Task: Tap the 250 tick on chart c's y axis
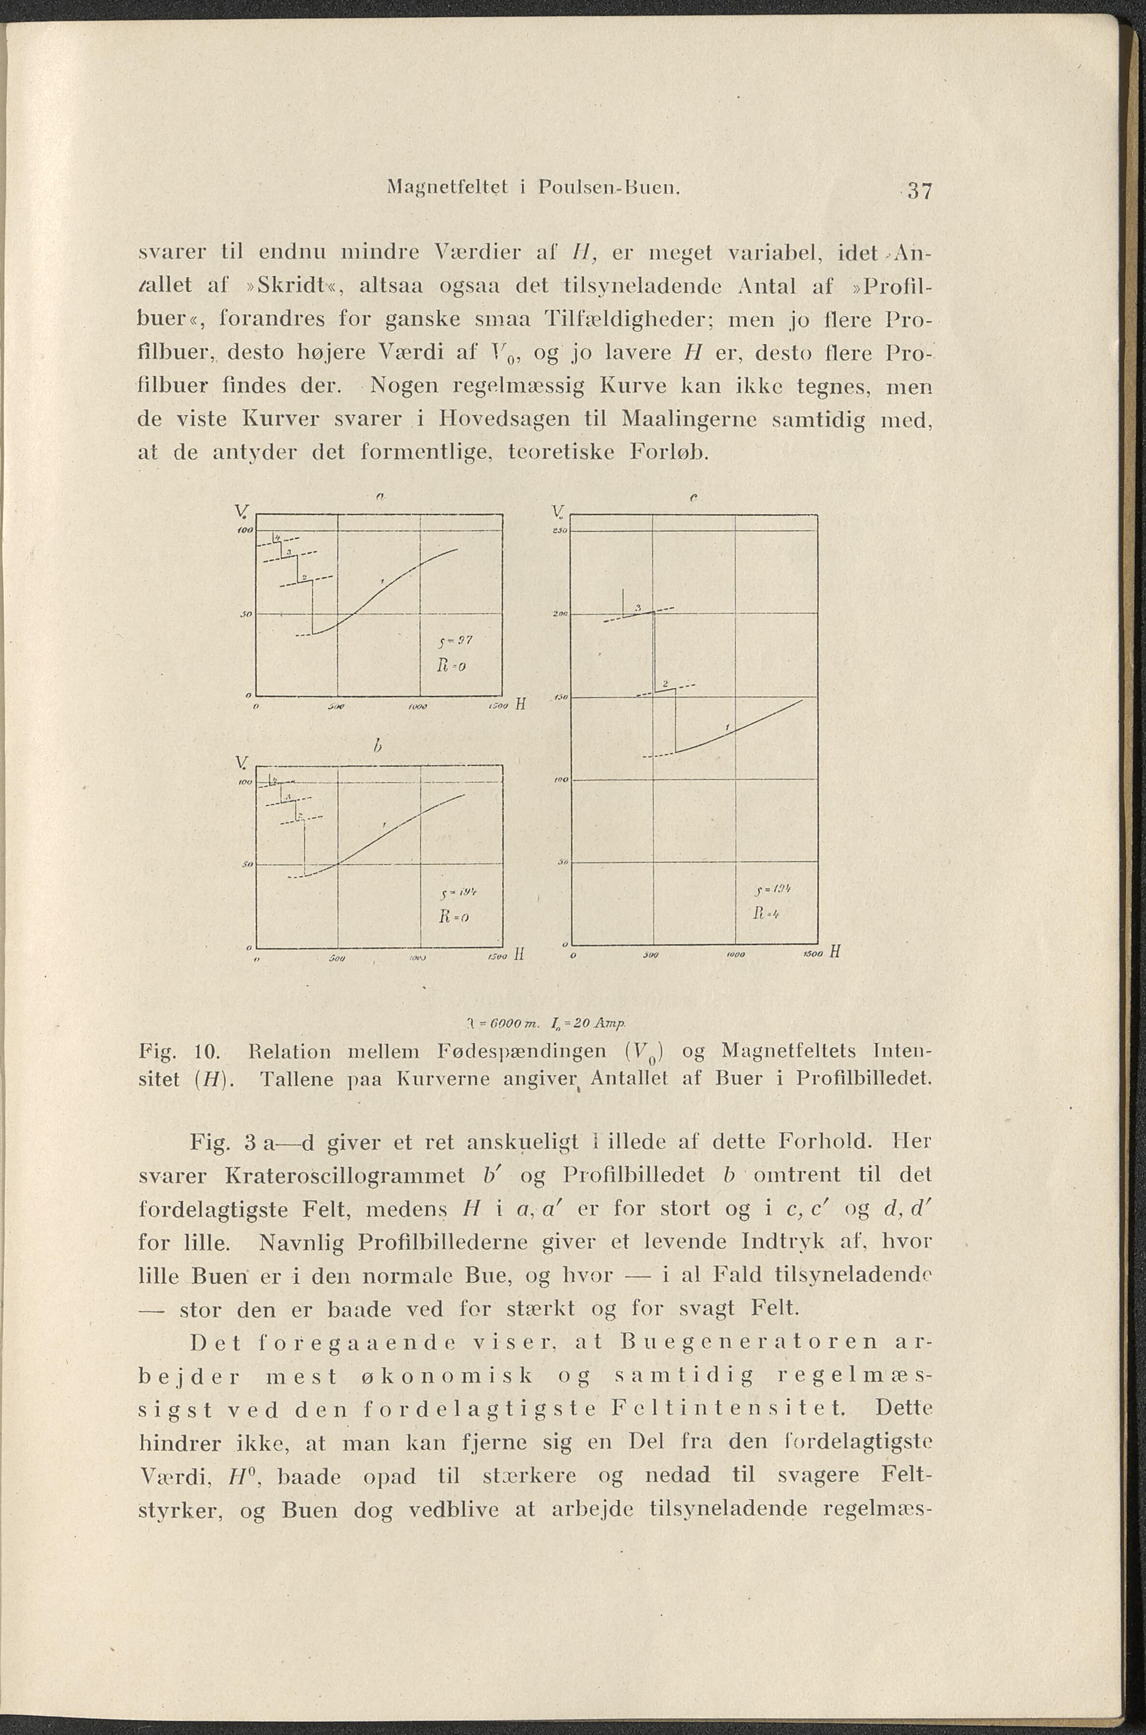tap(561, 532)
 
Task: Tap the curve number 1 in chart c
tap(728, 727)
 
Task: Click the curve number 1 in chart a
tap(382, 580)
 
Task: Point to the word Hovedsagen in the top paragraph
tap(504, 421)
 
